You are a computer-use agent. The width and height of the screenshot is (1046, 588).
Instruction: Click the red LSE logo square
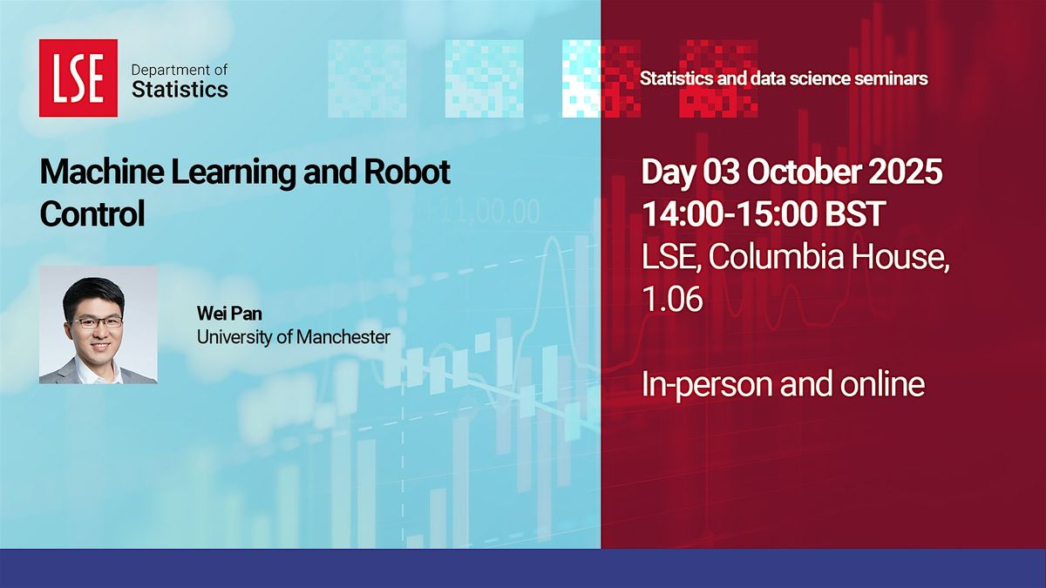click(x=78, y=78)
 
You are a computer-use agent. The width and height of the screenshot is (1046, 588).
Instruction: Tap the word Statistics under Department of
click(x=180, y=89)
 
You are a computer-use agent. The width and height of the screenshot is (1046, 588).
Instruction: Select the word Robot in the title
click(x=407, y=172)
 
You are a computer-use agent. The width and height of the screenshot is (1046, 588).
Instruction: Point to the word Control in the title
click(x=92, y=213)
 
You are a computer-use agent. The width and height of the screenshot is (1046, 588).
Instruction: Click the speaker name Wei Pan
click(x=229, y=314)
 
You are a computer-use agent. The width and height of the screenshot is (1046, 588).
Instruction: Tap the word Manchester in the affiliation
click(x=343, y=337)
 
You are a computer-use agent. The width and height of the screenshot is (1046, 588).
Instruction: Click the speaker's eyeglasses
click(x=98, y=321)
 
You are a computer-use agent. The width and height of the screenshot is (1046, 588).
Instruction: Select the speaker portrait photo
click(x=98, y=325)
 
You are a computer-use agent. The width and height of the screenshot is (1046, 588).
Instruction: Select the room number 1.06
click(x=672, y=298)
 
